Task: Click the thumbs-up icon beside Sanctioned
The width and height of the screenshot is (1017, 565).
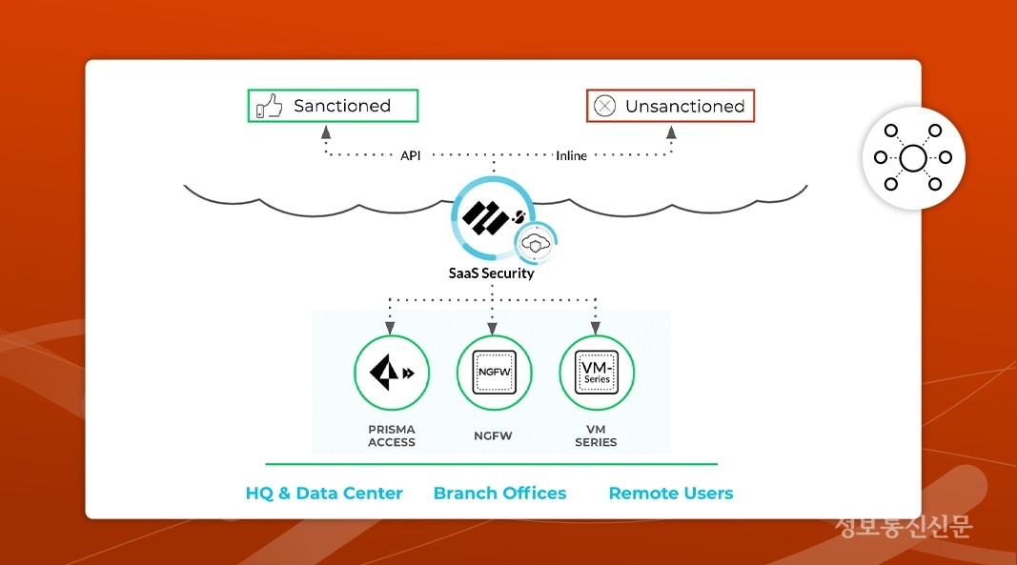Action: pyautogui.click(x=269, y=107)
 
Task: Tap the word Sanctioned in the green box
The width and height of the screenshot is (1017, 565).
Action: pyautogui.click(x=342, y=106)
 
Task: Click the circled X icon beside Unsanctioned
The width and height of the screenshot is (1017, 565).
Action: pyautogui.click(x=605, y=107)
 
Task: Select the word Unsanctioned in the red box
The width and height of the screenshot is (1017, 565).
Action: pyautogui.click(x=684, y=107)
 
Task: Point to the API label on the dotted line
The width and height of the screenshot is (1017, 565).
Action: pyautogui.click(x=411, y=155)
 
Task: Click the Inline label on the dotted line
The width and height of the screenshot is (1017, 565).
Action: pyautogui.click(x=572, y=155)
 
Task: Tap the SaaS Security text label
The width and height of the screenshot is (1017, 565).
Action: pyautogui.click(x=492, y=273)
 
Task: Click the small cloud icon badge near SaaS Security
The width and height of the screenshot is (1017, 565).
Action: pyautogui.click(x=537, y=243)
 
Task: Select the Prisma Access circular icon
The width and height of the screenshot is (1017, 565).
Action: pyautogui.click(x=392, y=373)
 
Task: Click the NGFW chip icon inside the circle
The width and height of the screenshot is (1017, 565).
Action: pyautogui.click(x=493, y=373)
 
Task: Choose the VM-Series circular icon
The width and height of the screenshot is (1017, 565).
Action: pyautogui.click(x=597, y=373)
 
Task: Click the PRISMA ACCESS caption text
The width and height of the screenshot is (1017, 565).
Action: pyautogui.click(x=392, y=435)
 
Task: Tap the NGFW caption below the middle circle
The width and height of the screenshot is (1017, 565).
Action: pyautogui.click(x=493, y=435)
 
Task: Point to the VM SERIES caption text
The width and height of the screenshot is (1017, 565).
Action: pyautogui.click(x=597, y=435)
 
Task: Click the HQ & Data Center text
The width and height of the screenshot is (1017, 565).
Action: pyautogui.click(x=324, y=494)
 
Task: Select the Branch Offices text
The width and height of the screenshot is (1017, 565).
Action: pyautogui.click(x=499, y=494)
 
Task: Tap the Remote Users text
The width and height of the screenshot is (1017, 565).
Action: pyautogui.click(x=671, y=494)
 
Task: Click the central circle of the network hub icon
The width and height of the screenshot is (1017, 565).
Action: pyautogui.click(x=913, y=157)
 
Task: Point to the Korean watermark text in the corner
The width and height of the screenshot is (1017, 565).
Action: pyautogui.click(x=903, y=526)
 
